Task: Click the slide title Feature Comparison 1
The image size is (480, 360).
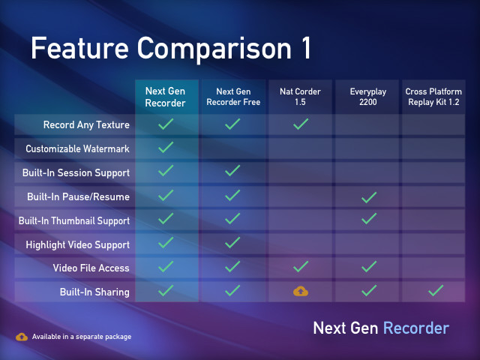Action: coord(170,49)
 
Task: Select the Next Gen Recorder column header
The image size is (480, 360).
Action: coord(166,97)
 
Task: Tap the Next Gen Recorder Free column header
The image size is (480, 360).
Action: coord(232,97)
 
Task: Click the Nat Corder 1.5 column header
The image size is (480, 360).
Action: coord(300,97)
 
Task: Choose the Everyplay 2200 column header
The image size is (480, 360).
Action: coord(367,97)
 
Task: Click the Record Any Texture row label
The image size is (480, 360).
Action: coord(86,124)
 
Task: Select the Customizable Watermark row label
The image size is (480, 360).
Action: coord(77,148)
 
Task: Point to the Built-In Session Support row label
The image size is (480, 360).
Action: coord(76,172)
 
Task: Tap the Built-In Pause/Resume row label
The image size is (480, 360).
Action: coord(78,196)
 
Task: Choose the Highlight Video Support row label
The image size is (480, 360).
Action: coord(77,244)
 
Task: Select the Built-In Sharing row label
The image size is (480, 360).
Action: coord(94,291)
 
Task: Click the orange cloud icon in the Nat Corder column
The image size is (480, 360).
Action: coord(300,291)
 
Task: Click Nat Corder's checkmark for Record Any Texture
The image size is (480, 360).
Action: coord(300,124)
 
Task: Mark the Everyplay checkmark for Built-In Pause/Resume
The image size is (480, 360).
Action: coord(367,196)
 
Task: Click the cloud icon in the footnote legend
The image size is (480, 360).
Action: coord(22,336)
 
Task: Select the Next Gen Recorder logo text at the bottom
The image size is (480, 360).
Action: coord(381,328)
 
